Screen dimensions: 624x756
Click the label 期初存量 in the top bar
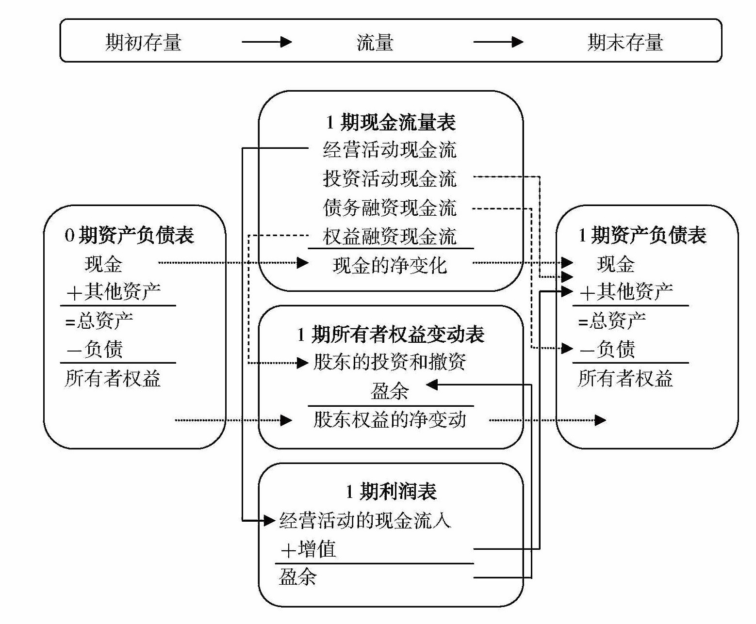(x=143, y=43)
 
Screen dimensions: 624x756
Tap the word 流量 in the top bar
(x=375, y=43)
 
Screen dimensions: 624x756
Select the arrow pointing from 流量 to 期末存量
(x=498, y=42)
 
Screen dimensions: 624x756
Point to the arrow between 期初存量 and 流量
(x=266, y=42)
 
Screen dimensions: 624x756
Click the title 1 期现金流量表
(x=391, y=122)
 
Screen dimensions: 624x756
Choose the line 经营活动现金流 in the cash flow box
(x=390, y=150)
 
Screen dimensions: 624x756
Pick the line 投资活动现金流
(x=390, y=178)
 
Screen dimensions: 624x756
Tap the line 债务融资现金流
(x=390, y=208)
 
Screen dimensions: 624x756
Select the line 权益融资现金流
(x=390, y=237)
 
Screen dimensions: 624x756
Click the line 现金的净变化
(x=390, y=265)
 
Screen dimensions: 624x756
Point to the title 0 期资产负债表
(x=129, y=236)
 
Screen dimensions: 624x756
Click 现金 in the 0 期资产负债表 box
(x=103, y=264)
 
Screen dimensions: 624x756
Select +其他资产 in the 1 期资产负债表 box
(x=626, y=292)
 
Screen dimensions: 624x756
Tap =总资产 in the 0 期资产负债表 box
(x=99, y=320)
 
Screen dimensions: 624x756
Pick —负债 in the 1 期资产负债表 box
(x=608, y=349)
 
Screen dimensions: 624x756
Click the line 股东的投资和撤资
(x=390, y=362)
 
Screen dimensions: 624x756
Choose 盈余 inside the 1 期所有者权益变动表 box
(x=390, y=391)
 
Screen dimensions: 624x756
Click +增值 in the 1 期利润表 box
(x=309, y=550)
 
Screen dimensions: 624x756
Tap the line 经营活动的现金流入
(x=365, y=521)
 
